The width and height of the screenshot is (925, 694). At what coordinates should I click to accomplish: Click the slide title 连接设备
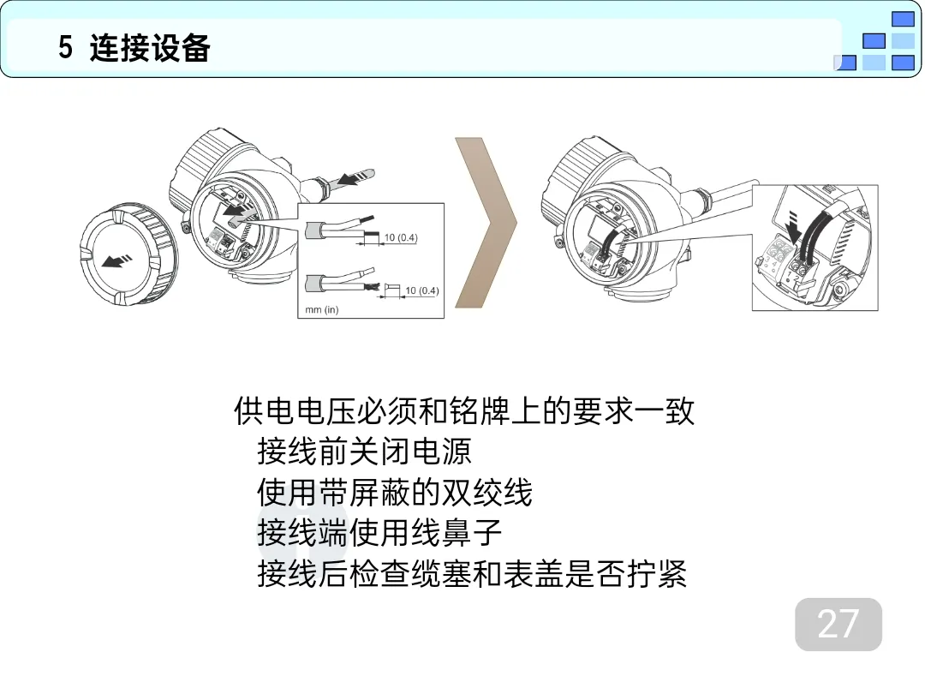point(150,47)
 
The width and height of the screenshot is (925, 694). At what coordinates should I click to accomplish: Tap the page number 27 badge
point(838,625)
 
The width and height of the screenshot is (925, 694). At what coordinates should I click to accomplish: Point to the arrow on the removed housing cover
point(116,260)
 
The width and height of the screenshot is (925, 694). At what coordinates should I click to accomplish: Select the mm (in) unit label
point(321,309)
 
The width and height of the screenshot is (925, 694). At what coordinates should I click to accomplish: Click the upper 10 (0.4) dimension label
point(401,237)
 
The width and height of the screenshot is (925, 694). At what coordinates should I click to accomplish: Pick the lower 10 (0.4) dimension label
point(421,290)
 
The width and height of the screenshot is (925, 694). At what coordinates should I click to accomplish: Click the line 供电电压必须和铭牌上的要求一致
point(464,410)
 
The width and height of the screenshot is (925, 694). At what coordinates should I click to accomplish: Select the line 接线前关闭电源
point(364,452)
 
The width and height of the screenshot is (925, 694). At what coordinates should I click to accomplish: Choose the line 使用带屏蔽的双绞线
point(395,492)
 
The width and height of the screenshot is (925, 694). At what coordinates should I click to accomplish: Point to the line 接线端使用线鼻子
point(379,533)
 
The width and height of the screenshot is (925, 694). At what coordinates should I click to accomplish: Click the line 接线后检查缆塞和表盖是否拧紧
point(472,573)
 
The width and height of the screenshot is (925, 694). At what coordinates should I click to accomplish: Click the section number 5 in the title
point(65,47)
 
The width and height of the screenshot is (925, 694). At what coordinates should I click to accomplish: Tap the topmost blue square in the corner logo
point(903,19)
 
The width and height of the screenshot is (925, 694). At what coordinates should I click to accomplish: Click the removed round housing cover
point(128,255)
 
